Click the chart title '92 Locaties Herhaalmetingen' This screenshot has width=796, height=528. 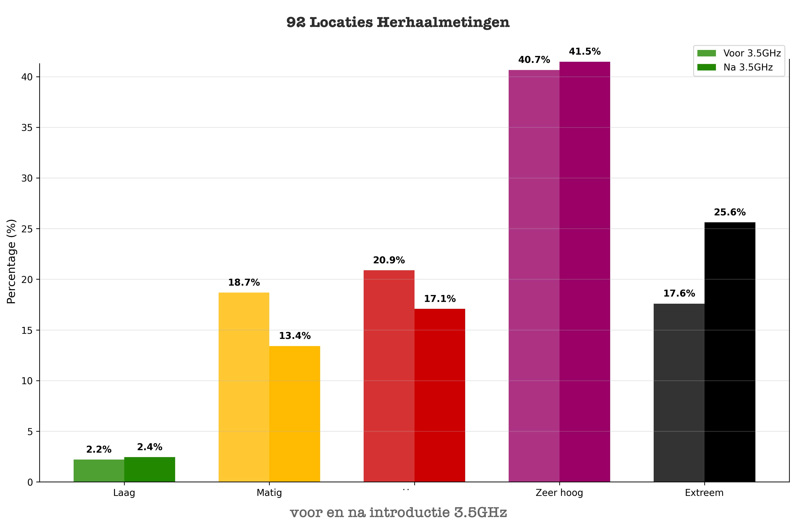398,23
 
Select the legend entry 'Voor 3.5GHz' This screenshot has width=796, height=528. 752,53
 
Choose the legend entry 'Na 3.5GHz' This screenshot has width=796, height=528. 748,67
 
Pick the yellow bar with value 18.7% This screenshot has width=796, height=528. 244,387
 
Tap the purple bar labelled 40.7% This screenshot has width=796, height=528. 534,276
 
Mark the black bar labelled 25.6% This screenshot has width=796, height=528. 730,352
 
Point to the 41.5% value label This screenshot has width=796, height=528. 585,52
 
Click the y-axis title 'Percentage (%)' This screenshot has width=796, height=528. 11,261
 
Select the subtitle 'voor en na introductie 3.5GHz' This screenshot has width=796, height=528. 398,513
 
